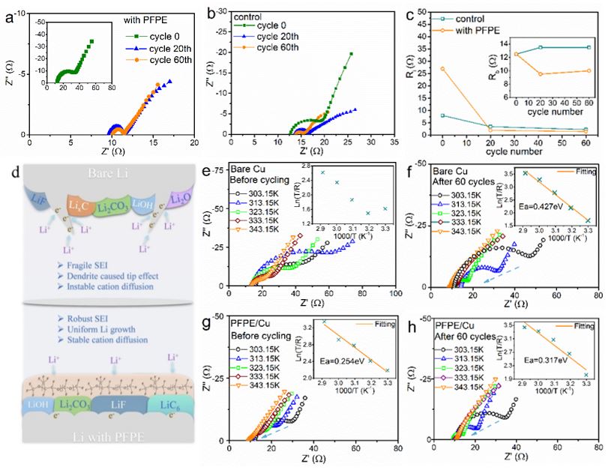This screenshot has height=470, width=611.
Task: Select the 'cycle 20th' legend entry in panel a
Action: pos(157,46)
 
